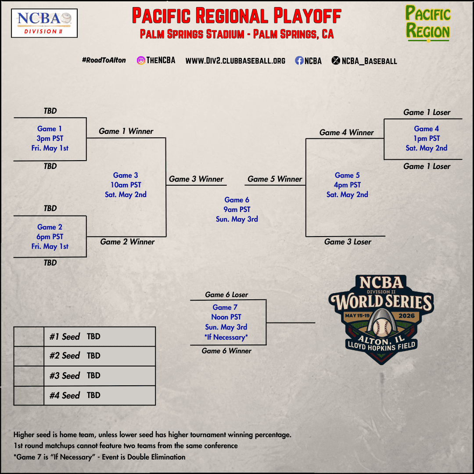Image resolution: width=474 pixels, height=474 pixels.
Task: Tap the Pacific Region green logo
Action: [427, 23]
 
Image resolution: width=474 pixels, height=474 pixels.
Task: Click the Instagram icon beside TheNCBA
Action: [141, 61]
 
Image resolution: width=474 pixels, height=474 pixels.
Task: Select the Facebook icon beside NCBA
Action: [299, 61]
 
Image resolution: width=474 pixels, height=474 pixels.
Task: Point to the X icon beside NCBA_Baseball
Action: [336, 61]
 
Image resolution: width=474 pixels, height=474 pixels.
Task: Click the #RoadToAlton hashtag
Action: [104, 60]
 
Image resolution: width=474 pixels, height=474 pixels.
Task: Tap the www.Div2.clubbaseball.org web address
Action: [235, 61]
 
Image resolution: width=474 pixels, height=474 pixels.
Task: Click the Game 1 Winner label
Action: [126, 131]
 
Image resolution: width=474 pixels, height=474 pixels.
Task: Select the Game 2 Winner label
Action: [127, 242]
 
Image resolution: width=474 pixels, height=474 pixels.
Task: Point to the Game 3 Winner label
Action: [196, 179]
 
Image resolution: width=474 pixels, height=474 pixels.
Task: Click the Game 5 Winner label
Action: [275, 179]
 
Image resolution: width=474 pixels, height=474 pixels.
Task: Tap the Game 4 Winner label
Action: [347, 133]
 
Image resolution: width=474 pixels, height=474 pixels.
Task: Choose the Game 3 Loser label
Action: [348, 242]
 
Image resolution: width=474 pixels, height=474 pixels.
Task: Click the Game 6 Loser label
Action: [226, 295]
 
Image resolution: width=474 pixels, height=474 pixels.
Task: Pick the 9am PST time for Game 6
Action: [237, 209]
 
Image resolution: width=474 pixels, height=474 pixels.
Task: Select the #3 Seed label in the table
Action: [65, 376]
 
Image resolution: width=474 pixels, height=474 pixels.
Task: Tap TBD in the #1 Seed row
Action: [93, 337]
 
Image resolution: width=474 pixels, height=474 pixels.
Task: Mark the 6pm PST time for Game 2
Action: [50, 237]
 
